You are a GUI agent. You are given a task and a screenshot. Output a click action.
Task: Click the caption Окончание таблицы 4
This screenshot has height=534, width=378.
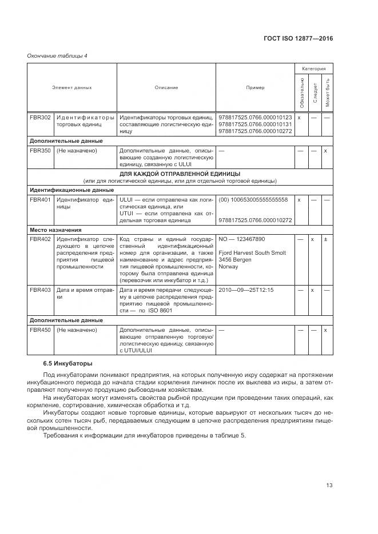tap(57, 55)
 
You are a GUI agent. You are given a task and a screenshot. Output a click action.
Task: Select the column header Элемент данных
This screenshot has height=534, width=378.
tap(72, 87)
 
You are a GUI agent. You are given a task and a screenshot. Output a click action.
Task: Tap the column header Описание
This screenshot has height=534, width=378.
tap(166, 87)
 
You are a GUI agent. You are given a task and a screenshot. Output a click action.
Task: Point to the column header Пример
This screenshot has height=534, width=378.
tap(255, 87)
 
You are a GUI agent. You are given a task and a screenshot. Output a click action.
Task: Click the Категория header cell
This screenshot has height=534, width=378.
tap(313, 68)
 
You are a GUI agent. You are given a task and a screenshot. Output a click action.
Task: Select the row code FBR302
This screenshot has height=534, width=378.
tap(40, 117)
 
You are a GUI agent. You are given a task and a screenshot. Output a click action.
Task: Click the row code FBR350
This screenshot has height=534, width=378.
tap(40, 150)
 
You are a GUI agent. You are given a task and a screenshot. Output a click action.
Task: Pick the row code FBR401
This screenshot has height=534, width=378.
tap(40, 199)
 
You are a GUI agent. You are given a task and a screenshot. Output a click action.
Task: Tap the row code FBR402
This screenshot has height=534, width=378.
tap(40, 239)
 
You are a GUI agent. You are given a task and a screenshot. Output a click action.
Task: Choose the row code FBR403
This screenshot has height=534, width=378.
tap(40, 290)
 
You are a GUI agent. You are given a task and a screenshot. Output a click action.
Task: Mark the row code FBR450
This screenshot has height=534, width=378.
tap(40, 330)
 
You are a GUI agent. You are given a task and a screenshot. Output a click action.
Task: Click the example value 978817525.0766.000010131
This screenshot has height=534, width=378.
tap(255, 124)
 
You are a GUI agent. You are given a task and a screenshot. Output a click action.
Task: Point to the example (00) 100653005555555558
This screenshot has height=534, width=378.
tap(253, 199)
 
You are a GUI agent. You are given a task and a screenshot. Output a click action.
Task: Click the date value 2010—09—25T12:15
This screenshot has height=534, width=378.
tap(246, 290)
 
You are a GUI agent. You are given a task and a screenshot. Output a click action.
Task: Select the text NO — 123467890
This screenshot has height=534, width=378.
tap(242, 239)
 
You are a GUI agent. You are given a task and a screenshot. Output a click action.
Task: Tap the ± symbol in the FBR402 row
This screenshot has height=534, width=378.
tap(325, 239)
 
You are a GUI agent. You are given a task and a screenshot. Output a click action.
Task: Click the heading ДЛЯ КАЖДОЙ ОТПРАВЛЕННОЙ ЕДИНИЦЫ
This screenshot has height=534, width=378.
tap(180, 174)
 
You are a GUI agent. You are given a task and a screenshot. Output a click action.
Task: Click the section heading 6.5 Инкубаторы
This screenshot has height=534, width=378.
tap(67, 363)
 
